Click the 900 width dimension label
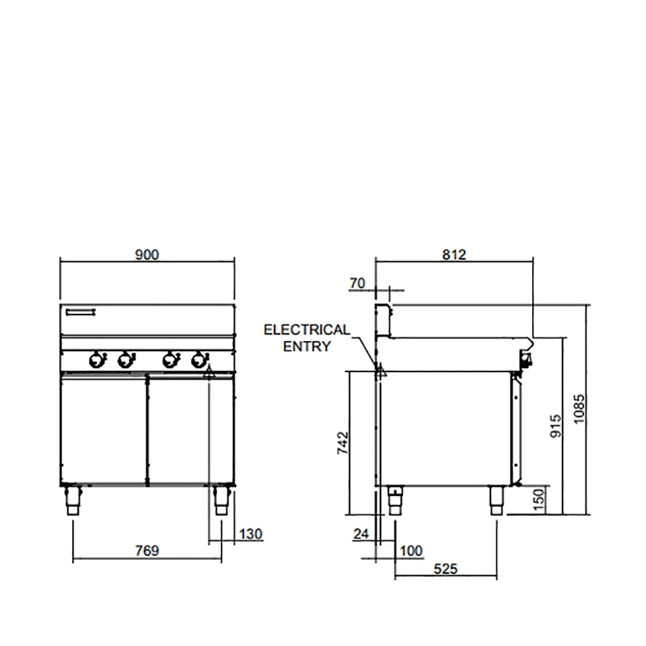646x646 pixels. click(x=147, y=255)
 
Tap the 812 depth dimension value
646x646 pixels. click(x=454, y=255)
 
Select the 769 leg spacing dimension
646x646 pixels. click(x=147, y=550)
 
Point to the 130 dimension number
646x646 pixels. click(x=251, y=534)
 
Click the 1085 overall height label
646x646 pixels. click(x=579, y=409)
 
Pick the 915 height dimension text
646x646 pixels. click(x=556, y=426)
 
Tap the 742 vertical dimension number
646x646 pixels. click(x=343, y=443)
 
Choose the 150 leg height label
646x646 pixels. click(x=539, y=500)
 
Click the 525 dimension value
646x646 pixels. click(x=445, y=569)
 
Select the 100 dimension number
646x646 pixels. click(x=411, y=550)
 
